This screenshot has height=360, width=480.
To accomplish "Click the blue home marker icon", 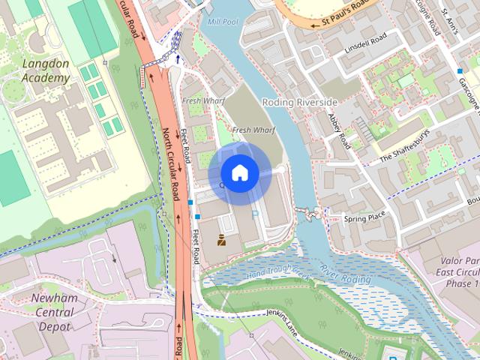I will tap(239, 173).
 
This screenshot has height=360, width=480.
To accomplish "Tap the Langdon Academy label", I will tap(45, 70).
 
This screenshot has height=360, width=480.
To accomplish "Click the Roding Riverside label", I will tap(299, 101).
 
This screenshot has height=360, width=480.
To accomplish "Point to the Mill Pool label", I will tap(222, 22).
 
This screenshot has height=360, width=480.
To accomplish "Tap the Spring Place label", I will tap(364, 218).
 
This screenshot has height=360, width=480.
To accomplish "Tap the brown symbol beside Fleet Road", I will tap(222, 240).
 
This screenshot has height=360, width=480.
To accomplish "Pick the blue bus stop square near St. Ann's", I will tap(460, 70).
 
